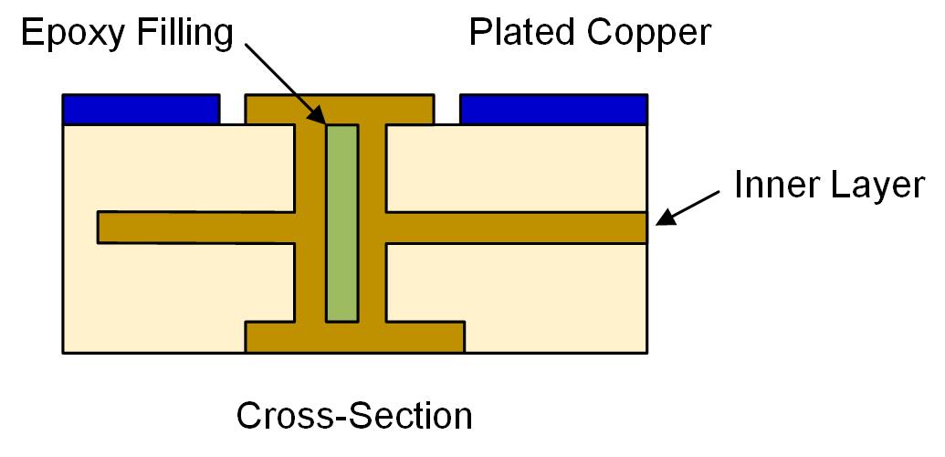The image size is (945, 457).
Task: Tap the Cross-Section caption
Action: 355,416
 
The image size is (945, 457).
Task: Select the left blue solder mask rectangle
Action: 142,109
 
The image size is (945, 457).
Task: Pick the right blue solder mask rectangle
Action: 554,109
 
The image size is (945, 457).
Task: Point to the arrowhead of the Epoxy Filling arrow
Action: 319,115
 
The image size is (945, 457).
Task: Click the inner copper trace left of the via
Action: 196,228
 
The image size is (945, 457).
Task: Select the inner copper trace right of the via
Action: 516,228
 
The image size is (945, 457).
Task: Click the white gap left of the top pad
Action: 234,109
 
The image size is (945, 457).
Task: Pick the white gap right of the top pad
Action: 447,109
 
